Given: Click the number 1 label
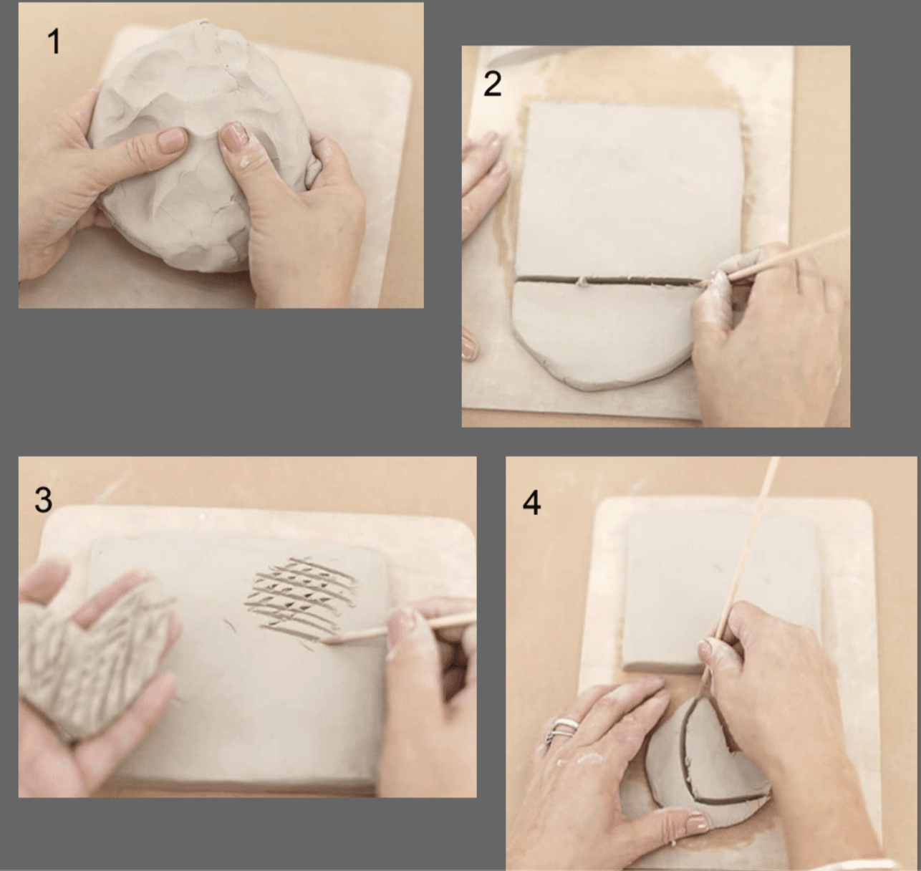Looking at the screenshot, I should [54, 42].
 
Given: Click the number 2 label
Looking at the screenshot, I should [492, 85].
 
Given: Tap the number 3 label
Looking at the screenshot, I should [43, 499].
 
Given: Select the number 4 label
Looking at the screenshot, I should [531, 503].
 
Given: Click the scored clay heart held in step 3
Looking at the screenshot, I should [86, 659].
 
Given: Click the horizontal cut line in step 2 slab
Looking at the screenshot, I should [609, 280].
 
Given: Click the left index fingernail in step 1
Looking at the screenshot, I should [171, 140].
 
